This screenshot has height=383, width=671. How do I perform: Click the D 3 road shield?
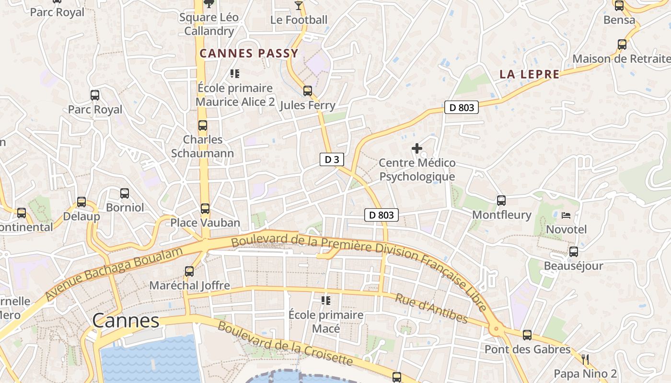[x=332, y=159]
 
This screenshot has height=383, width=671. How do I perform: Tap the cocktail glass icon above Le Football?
[x=299, y=5]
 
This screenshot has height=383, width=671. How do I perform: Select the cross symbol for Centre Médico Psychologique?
[x=417, y=148]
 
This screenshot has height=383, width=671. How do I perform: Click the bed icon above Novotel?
[x=566, y=215]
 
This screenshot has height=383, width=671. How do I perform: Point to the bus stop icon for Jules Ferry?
[x=307, y=90]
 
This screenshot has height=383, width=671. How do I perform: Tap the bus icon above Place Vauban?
[x=205, y=209]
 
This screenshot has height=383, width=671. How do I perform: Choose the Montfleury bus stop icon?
[x=501, y=201]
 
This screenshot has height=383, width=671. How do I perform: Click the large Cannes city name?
[x=126, y=320]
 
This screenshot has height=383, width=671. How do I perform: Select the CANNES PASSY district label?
[x=249, y=53]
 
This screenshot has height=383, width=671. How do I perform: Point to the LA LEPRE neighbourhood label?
[x=529, y=74]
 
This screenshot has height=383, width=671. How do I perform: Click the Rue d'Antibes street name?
[x=431, y=308]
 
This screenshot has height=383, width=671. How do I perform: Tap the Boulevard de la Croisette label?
[x=285, y=343]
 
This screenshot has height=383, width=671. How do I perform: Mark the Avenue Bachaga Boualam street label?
[x=115, y=274]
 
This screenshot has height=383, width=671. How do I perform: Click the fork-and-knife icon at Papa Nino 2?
[x=585, y=360]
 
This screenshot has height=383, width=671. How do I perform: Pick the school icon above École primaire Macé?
[x=326, y=301]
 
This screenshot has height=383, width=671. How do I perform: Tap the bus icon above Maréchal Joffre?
[x=189, y=271]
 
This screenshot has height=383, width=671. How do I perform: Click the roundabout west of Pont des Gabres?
[x=496, y=329]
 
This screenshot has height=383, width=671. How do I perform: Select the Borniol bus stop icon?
[x=125, y=193]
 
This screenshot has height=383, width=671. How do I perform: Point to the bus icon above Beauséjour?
[x=573, y=252]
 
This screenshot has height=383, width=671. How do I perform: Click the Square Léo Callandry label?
[x=209, y=24]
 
